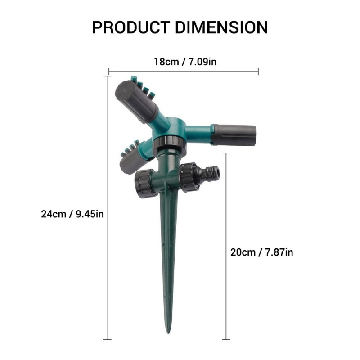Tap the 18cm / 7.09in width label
pyautogui.click(x=184, y=62)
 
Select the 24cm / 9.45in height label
pyautogui.click(x=72, y=214)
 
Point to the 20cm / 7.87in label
pyautogui.click(x=261, y=252)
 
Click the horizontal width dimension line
pyautogui.click(x=184, y=71)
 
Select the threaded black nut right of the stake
pyautogui.click(x=189, y=177)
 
